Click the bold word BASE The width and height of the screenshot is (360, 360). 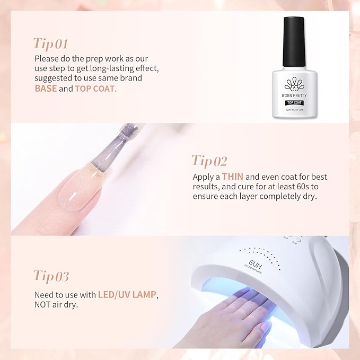(46, 89)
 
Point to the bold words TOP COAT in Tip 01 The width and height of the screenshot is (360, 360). (95, 89)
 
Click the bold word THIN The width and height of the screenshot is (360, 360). (233, 176)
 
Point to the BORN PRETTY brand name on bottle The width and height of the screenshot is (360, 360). (293, 95)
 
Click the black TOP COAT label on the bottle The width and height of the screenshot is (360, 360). (293, 102)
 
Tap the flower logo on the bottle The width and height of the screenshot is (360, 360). (293, 84)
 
